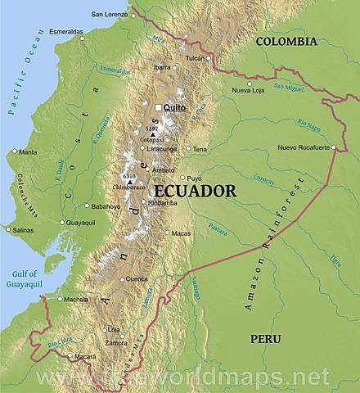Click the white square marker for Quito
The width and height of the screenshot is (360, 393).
point(158,107)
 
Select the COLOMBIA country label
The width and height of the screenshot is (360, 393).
point(286,41)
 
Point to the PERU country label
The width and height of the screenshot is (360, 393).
point(265,338)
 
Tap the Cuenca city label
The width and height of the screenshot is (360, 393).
point(137,279)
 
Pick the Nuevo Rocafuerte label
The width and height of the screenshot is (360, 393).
point(303,147)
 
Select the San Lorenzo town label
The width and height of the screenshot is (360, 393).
point(109,14)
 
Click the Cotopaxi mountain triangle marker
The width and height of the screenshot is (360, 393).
point(151,134)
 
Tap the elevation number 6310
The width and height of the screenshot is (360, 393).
point(128,176)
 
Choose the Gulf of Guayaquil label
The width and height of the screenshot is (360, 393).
point(26,278)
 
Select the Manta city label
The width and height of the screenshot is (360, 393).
point(28,151)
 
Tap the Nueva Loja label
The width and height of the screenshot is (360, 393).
point(247,91)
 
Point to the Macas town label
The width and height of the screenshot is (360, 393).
point(180,233)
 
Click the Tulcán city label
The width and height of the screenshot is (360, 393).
point(195,58)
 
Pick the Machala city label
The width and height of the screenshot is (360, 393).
point(76,299)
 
